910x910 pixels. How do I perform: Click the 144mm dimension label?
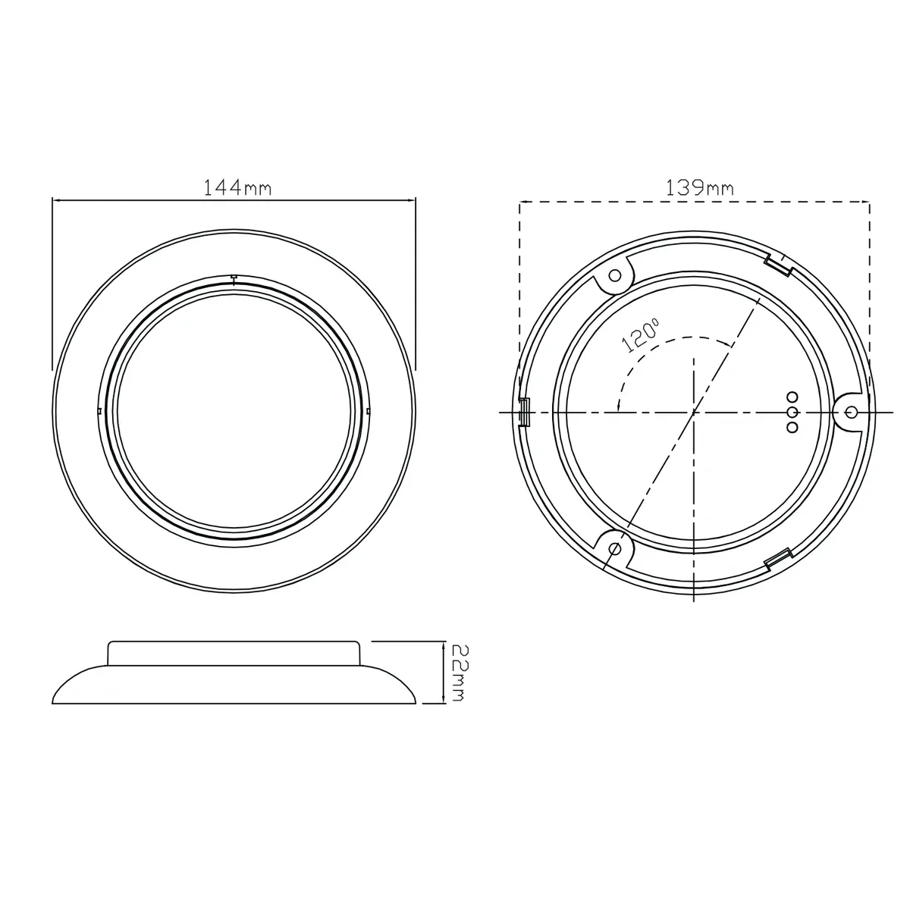click(237, 188)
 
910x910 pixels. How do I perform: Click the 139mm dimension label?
click(699, 188)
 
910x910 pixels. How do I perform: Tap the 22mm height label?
click(459, 673)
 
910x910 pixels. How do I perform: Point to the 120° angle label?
click(640, 336)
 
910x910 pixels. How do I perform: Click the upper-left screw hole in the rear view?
click(615, 275)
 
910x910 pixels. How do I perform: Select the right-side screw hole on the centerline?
click(852, 413)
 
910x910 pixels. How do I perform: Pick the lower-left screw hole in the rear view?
click(615, 549)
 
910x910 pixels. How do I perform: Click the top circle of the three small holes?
click(792, 397)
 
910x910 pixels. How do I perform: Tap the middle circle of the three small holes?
click(792, 413)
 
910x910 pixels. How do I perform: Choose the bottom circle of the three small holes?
click(792, 428)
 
